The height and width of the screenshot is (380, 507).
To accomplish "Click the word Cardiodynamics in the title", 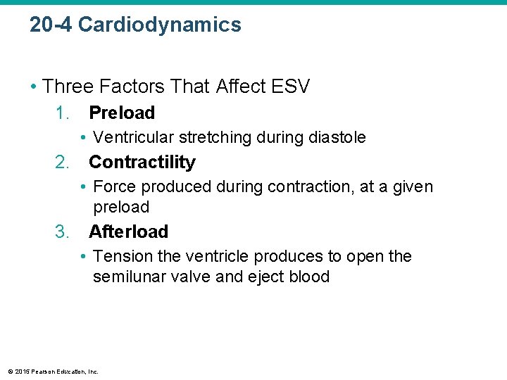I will click(159, 25).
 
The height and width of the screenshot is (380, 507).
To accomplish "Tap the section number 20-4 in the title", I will click(51, 25).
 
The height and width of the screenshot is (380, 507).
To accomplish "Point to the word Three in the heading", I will click(68, 87).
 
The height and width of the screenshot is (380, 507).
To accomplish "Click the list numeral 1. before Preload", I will click(63, 113).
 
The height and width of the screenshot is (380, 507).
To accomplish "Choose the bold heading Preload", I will click(122, 113).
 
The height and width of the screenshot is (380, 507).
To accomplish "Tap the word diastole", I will click(337, 137).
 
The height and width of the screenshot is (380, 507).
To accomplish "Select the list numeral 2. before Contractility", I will click(63, 162).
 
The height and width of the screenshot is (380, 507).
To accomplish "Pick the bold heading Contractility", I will click(142, 162).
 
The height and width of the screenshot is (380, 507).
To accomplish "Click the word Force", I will click(114, 186).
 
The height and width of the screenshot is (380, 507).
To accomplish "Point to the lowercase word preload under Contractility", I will click(121, 207).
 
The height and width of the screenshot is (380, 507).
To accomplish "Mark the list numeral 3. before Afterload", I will click(63, 232).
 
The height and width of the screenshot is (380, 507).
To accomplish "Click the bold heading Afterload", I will click(128, 232).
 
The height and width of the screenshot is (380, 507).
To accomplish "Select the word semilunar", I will click(129, 277).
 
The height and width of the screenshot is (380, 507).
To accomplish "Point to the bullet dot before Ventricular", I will click(83, 137).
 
